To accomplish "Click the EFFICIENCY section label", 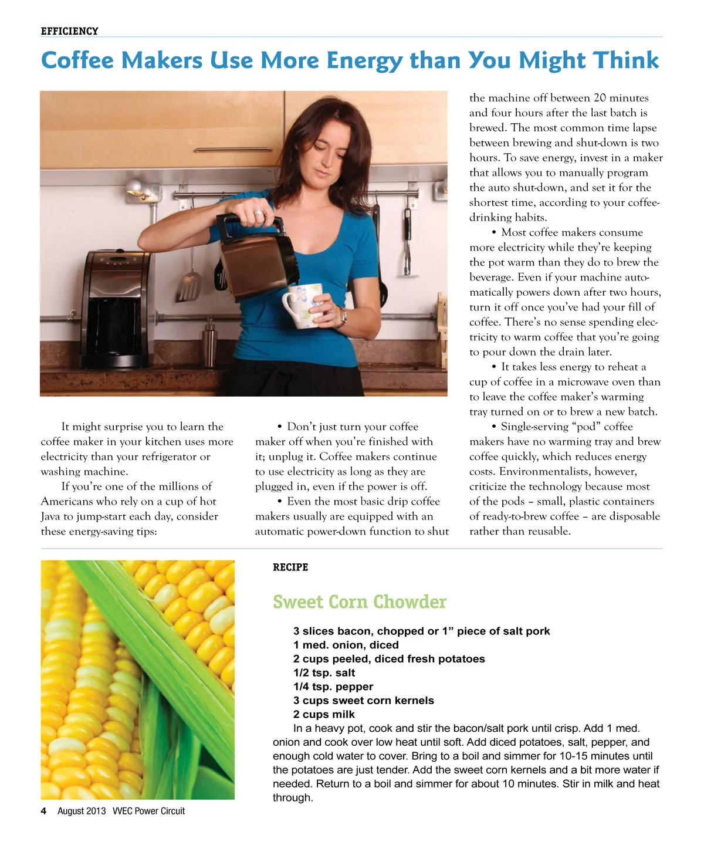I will point(69,31).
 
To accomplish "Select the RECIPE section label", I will point(290,567).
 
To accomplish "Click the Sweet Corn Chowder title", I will point(360,602).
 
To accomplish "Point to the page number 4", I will point(43,811).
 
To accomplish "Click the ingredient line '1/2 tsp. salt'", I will point(324,673).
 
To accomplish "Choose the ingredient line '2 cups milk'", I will point(324,715).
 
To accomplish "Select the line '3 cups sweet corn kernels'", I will point(363,701).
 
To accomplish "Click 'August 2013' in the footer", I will point(82,811).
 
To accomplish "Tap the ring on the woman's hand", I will point(258,212).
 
